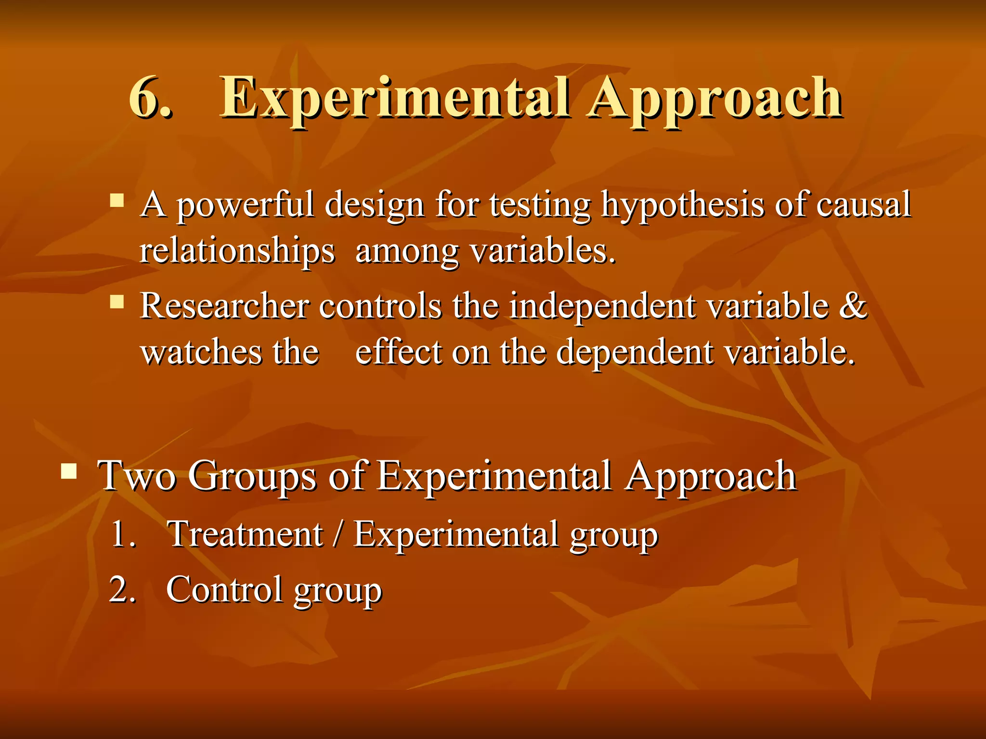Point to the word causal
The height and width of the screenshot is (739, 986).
[x=863, y=204]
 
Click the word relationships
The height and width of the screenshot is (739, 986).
[x=237, y=252]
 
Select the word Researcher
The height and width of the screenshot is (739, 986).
[x=224, y=306]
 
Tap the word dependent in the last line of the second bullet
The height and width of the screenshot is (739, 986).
[x=634, y=353]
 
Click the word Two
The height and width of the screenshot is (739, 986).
[x=137, y=476]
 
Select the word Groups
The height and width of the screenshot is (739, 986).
[x=252, y=477]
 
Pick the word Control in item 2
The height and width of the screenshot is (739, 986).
[x=224, y=589]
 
